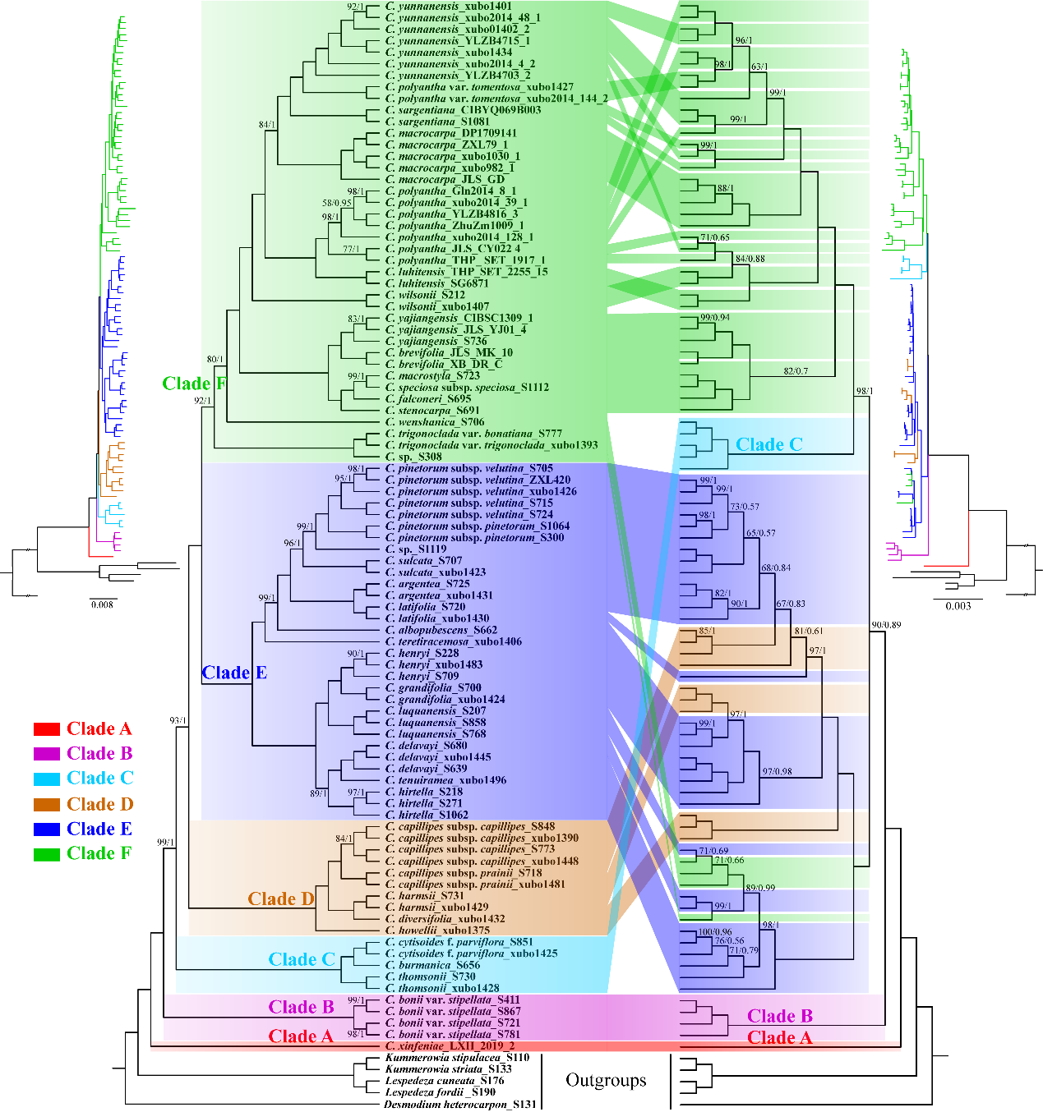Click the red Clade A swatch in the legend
(x=47, y=729)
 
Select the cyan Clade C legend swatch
(x=47, y=779)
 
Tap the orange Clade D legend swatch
(x=47, y=804)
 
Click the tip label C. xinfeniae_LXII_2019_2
(x=450, y=1046)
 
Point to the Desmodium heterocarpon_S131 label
(x=460, y=1104)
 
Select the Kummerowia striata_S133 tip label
(x=448, y=1069)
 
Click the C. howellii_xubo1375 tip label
(x=437, y=930)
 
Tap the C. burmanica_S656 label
(x=432, y=965)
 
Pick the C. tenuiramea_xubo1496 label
(x=445, y=780)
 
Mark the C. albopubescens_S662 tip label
(x=441, y=630)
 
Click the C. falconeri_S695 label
(x=428, y=399)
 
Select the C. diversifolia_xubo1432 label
(x=445, y=919)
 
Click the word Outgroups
(x=606, y=1081)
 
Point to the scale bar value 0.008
(x=103, y=604)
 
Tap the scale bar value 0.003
(x=958, y=606)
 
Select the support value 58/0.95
(x=336, y=203)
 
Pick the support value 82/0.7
(x=796, y=371)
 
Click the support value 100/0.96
(x=715, y=933)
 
